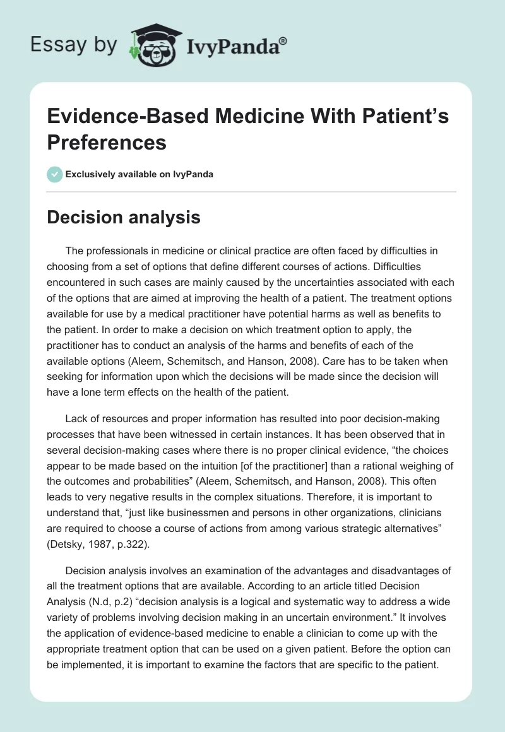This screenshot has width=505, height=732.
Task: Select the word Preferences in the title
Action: [x=107, y=142]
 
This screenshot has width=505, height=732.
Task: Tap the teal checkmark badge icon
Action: [x=56, y=174]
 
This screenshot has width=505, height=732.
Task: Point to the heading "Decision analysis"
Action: [x=124, y=218]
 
